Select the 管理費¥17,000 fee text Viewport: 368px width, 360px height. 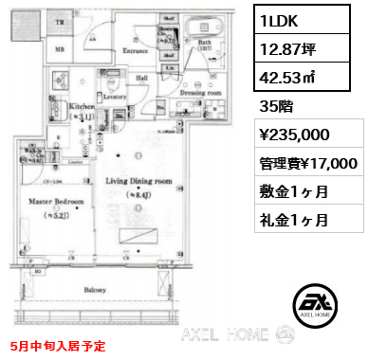309,162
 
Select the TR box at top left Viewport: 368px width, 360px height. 59,22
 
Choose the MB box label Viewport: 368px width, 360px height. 59,48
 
